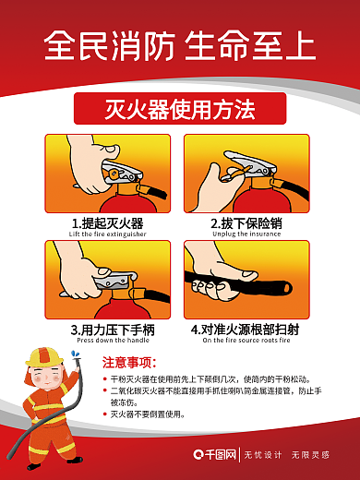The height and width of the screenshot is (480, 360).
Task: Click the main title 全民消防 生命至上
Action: (180, 43)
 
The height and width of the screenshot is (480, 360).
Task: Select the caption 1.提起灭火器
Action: (107, 223)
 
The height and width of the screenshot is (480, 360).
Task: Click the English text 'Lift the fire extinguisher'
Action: (107, 234)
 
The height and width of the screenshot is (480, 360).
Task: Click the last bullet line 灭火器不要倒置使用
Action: (148, 414)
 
